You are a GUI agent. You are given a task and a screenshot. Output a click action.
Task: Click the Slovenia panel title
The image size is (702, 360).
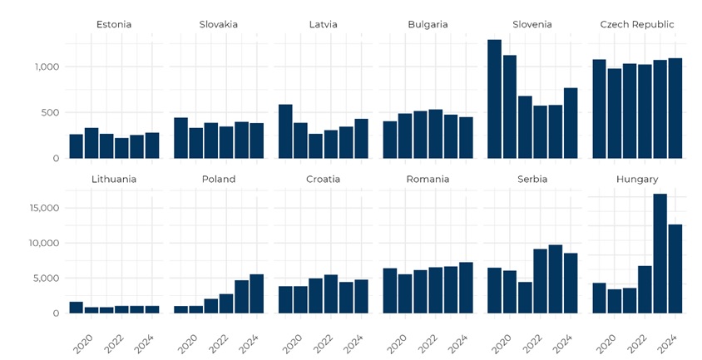(532, 24)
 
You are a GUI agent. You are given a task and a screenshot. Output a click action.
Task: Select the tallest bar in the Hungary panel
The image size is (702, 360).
(660, 254)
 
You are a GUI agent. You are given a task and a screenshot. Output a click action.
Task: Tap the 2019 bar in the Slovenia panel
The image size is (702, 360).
(494, 99)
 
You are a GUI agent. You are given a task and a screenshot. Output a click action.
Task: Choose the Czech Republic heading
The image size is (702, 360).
(637, 24)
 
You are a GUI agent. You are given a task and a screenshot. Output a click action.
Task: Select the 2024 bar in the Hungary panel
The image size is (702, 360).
(675, 269)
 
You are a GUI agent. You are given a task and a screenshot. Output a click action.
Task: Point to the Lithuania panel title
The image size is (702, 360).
(114, 179)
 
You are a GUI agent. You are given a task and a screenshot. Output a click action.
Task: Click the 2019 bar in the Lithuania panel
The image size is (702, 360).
(77, 308)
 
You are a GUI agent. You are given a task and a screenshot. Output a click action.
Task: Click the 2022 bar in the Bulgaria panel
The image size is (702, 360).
(435, 134)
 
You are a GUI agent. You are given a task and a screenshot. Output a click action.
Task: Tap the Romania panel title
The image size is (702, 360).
(428, 179)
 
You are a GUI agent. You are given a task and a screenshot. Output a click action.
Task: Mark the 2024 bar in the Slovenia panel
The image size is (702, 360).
(571, 123)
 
